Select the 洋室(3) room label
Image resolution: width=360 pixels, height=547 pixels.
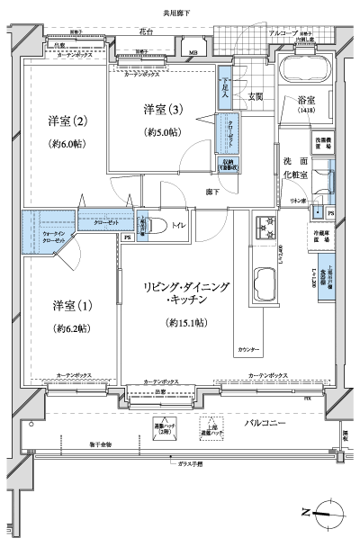tap(162, 110)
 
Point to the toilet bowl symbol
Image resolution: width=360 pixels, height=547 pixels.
tap(150, 228)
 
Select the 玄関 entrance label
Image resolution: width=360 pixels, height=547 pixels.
tap(255, 95)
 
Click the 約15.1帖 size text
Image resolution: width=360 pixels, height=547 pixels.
tap(187, 321)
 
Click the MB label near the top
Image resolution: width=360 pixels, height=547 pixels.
tap(192, 53)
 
